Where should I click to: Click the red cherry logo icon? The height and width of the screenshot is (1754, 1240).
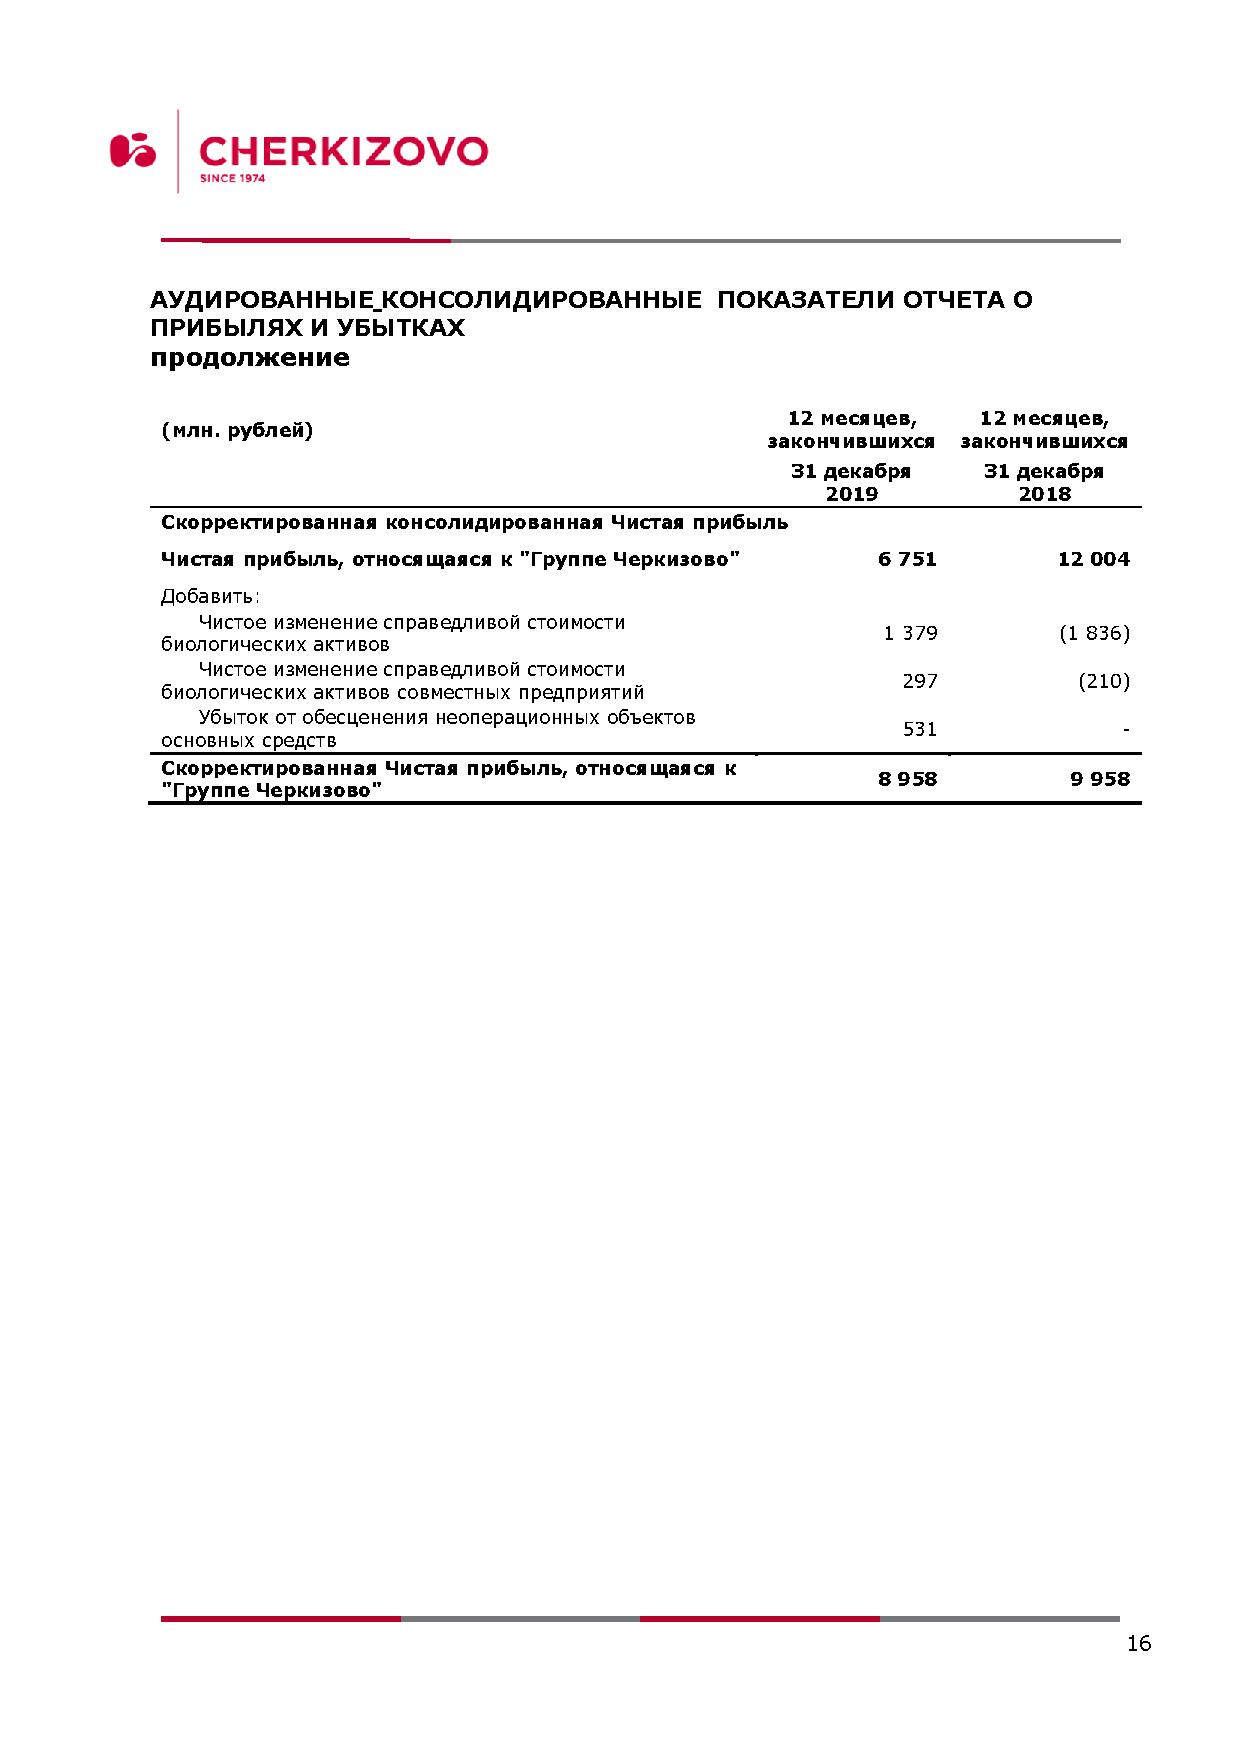point(133,150)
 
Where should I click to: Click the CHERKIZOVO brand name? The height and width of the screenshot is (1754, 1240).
point(343,151)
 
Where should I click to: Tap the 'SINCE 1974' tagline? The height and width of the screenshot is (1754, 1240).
point(232,179)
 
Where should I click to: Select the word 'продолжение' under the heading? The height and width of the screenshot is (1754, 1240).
point(250,357)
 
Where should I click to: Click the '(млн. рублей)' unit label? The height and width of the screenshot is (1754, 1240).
point(237,430)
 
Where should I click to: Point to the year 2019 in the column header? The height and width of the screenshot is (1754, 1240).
point(851,493)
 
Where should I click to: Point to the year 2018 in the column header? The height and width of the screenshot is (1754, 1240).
point(1044,493)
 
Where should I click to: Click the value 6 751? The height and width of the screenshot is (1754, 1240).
point(907,559)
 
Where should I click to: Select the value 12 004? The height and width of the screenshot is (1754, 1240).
point(1093,559)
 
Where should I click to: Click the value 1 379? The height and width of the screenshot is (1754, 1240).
point(910,633)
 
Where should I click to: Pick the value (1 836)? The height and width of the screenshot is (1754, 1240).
point(1094,633)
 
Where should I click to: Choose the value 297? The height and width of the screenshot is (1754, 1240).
point(919,681)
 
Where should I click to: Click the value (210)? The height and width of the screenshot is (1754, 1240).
point(1104,681)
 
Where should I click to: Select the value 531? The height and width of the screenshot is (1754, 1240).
point(919,729)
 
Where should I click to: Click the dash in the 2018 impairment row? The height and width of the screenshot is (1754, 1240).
point(1126,730)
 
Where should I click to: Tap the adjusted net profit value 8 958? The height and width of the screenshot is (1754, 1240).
point(907,778)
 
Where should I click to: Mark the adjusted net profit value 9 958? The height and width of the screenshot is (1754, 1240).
point(1100,778)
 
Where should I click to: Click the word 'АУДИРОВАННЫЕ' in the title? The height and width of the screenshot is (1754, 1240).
point(262,299)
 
